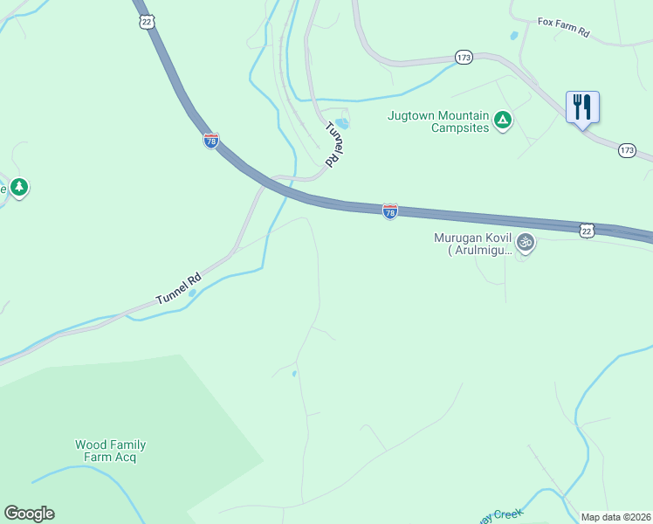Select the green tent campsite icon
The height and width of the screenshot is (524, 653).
[x=502, y=120]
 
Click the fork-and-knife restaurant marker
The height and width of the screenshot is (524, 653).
[x=582, y=107]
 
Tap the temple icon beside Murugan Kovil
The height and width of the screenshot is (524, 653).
[x=525, y=242]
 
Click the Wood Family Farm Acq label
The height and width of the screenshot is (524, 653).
[x=110, y=451]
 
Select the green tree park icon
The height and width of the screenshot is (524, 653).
[x=19, y=187]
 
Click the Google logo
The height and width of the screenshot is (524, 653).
[x=29, y=514]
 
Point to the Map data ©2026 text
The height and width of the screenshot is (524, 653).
[x=615, y=517]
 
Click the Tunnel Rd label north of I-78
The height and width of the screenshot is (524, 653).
[x=335, y=144]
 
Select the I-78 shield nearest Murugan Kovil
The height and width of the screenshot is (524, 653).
[x=390, y=212]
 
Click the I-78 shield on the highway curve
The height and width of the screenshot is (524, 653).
[x=211, y=141]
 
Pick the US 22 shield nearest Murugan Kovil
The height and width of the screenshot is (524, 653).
[x=587, y=229]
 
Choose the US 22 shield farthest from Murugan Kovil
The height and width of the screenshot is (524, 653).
[x=146, y=21]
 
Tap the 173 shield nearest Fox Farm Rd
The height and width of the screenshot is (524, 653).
[x=464, y=58]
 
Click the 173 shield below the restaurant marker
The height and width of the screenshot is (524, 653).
[x=627, y=150]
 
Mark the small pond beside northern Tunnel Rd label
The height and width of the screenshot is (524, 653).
[x=342, y=123]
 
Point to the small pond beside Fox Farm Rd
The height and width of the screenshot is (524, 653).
[x=513, y=37]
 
